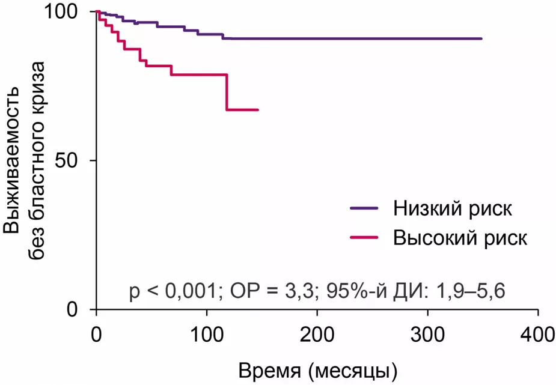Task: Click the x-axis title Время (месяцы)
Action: (x=317, y=367)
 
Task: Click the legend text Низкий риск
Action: (x=453, y=209)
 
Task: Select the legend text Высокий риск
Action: (x=460, y=237)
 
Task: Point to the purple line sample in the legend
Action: (x=364, y=209)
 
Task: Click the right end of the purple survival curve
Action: (x=481, y=38)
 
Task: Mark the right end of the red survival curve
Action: (x=258, y=110)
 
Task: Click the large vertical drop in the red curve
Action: (x=227, y=92)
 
